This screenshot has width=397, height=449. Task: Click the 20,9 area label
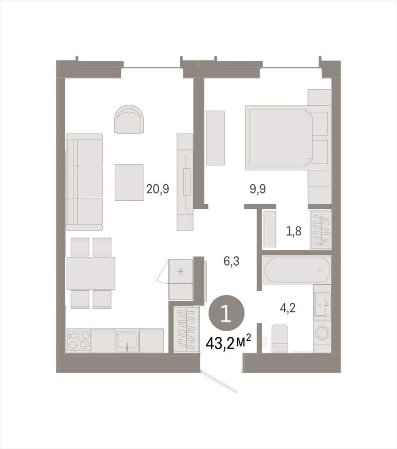click(x=158, y=189)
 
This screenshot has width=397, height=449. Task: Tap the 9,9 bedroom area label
click(x=258, y=189)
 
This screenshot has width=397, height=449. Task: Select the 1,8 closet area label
click(x=294, y=231)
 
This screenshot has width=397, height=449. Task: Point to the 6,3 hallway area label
click(x=232, y=261)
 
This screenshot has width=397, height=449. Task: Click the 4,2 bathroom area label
click(x=287, y=308)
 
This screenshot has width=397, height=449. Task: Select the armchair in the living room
click(x=129, y=119)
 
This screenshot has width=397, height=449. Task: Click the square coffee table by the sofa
click(x=129, y=182)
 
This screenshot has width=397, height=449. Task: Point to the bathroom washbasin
click(x=322, y=304)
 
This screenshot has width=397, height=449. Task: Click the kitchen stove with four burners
click(x=79, y=341)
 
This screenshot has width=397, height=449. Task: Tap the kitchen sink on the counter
click(x=127, y=341)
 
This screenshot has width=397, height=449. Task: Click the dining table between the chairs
click(x=91, y=274)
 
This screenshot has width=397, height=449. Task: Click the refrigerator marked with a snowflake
click(x=181, y=279)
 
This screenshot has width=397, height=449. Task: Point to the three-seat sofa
click(x=84, y=182)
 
